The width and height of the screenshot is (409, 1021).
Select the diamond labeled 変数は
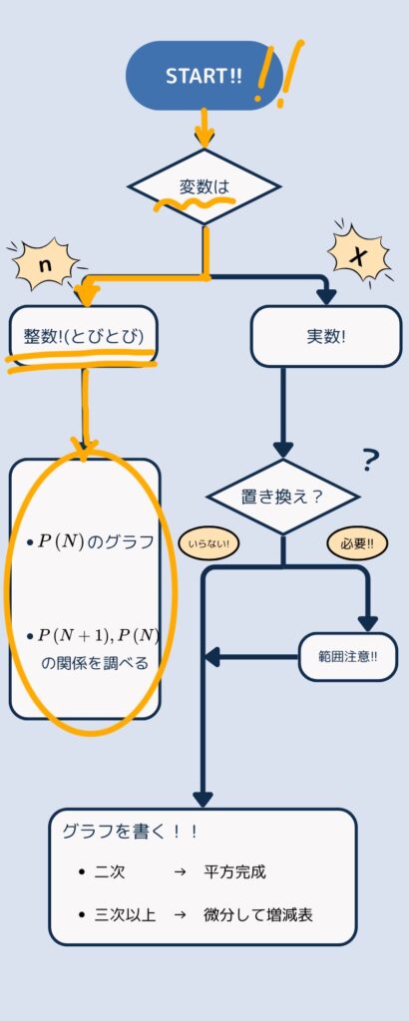point(204,186)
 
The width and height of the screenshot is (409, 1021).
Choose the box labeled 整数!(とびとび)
point(84,336)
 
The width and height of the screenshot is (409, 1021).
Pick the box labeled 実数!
point(325,336)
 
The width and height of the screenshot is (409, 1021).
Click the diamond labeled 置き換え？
point(282,497)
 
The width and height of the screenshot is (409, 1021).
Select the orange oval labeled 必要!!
point(357,544)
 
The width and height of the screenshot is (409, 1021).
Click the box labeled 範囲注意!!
point(348,656)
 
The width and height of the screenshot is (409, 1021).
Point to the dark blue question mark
point(370,461)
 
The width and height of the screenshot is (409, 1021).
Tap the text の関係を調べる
point(95,663)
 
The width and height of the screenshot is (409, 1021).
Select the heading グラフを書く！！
point(130,832)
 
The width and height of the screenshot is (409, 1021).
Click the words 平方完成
point(235,871)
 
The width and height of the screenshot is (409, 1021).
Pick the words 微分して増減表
point(258,915)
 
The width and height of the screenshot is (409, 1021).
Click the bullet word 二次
point(110,871)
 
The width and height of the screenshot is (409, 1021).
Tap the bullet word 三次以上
point(125,915)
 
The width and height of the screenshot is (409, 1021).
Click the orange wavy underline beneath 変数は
point(194,204)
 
